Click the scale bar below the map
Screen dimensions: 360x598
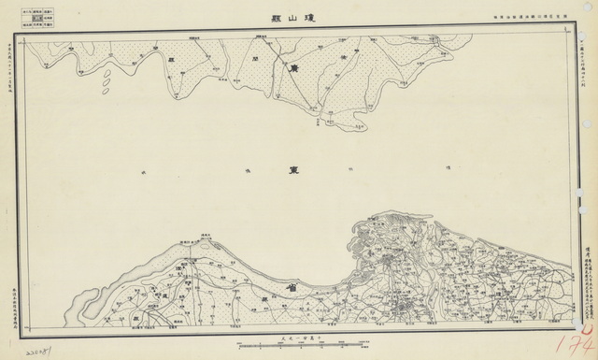(298, 347)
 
